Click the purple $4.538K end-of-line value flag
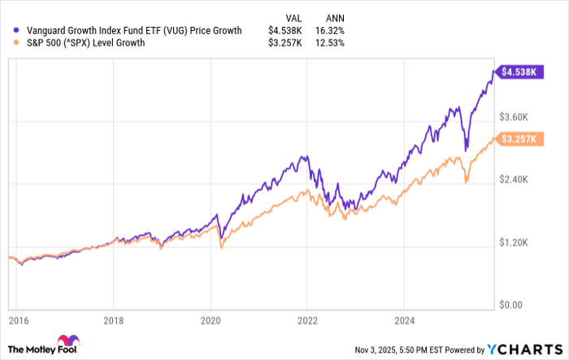pyautogui.click(x=518, y=72)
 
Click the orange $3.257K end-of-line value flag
pyautogui.click(x=518, y=140)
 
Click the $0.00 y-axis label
pyautogui.click(x=515, y=306)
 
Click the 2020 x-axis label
pyautogui.click(x=211, y=320)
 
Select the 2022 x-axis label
pyautogui.click(x=307, y=320)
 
